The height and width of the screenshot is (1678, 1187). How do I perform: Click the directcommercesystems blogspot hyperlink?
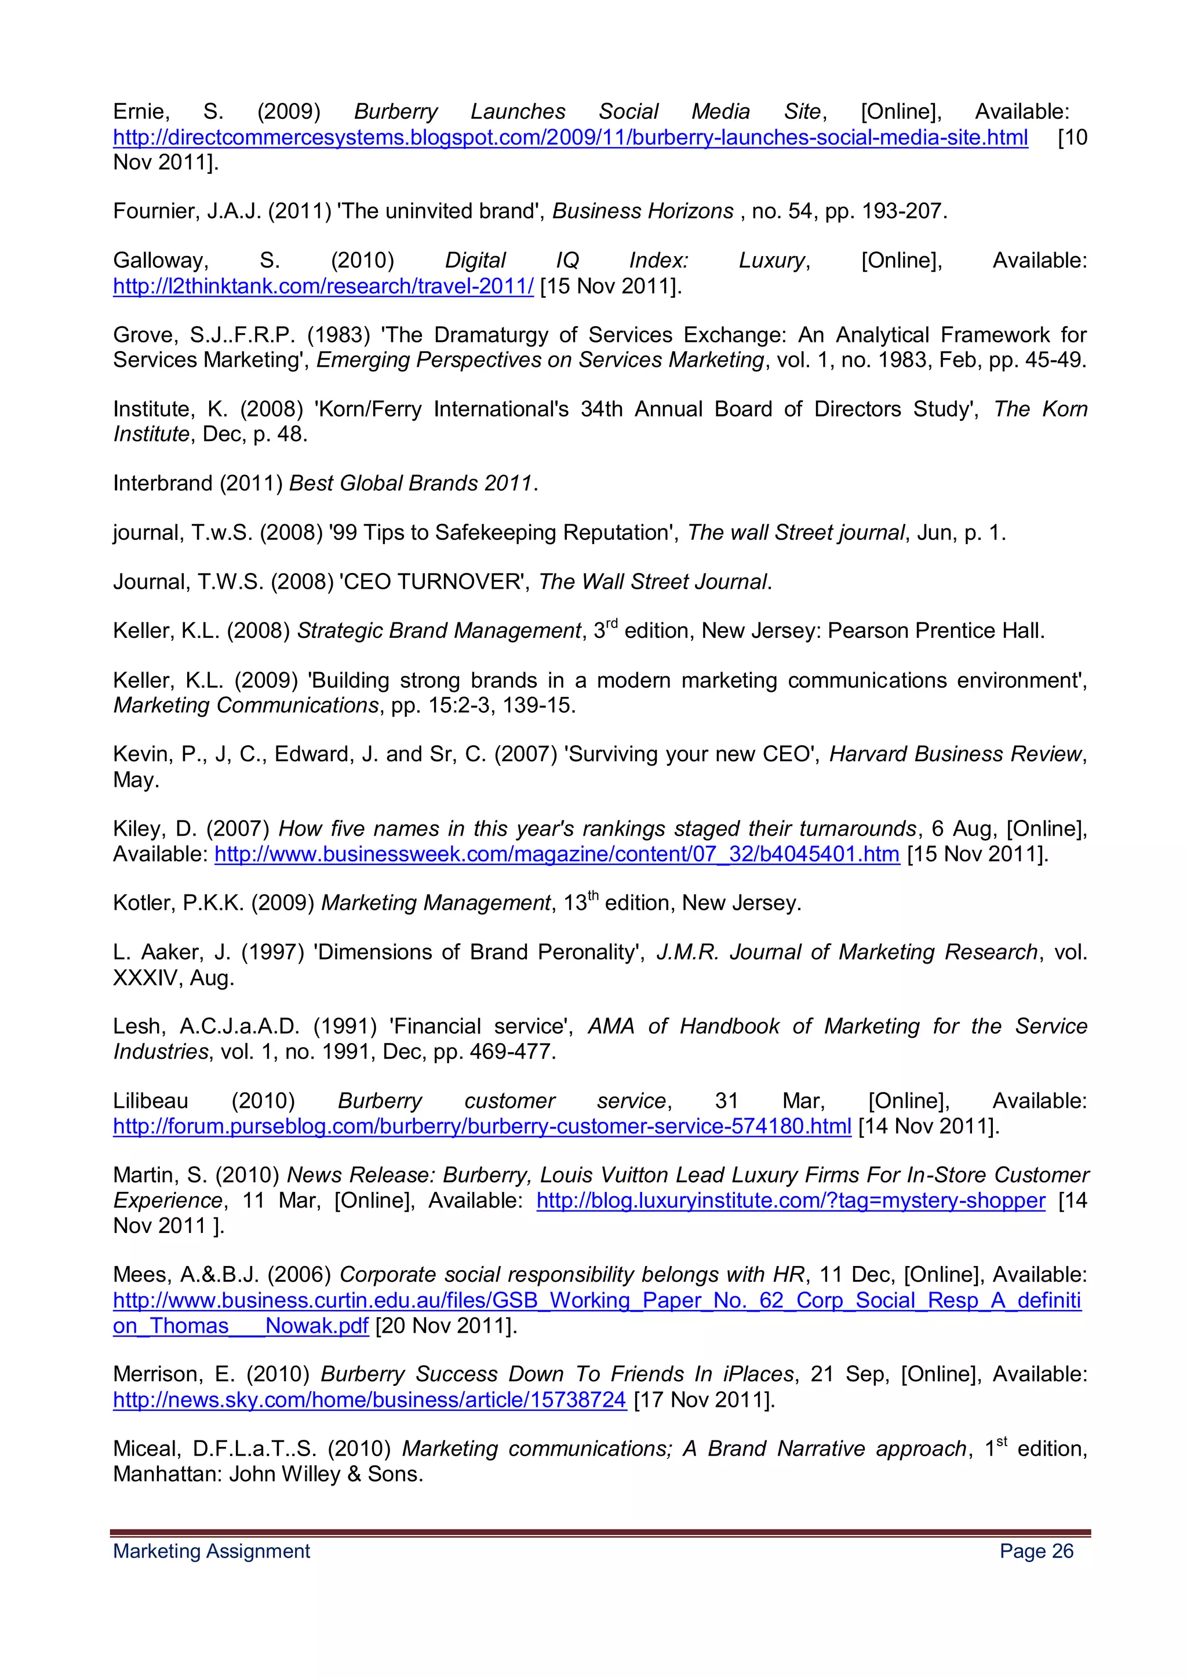coord(570,137)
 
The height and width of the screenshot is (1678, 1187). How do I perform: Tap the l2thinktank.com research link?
coord(323,286)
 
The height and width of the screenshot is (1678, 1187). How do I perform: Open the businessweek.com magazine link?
coord(556,853)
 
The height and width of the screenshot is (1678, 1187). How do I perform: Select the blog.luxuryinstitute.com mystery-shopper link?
coord(790,1200)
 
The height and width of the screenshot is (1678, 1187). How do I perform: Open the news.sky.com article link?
coord(369,1399)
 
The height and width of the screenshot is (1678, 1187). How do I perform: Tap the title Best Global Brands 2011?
coord(410,483)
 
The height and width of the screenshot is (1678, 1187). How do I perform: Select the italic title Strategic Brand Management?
coord(439,631)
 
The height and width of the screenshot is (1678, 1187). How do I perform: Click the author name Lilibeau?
coord(150,1101)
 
